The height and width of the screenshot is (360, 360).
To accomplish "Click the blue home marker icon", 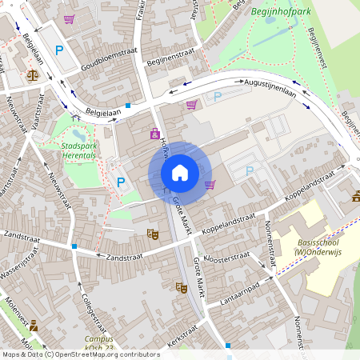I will click(180, 172).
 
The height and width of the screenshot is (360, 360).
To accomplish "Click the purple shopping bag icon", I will click(155, 134).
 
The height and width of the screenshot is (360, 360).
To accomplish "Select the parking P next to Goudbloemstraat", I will click(58, 51).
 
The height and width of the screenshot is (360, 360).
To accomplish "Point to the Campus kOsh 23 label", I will click(99, 342).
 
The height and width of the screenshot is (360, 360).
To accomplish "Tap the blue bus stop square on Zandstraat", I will click(74, 246).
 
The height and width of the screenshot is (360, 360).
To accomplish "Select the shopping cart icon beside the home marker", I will click(210, 184).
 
